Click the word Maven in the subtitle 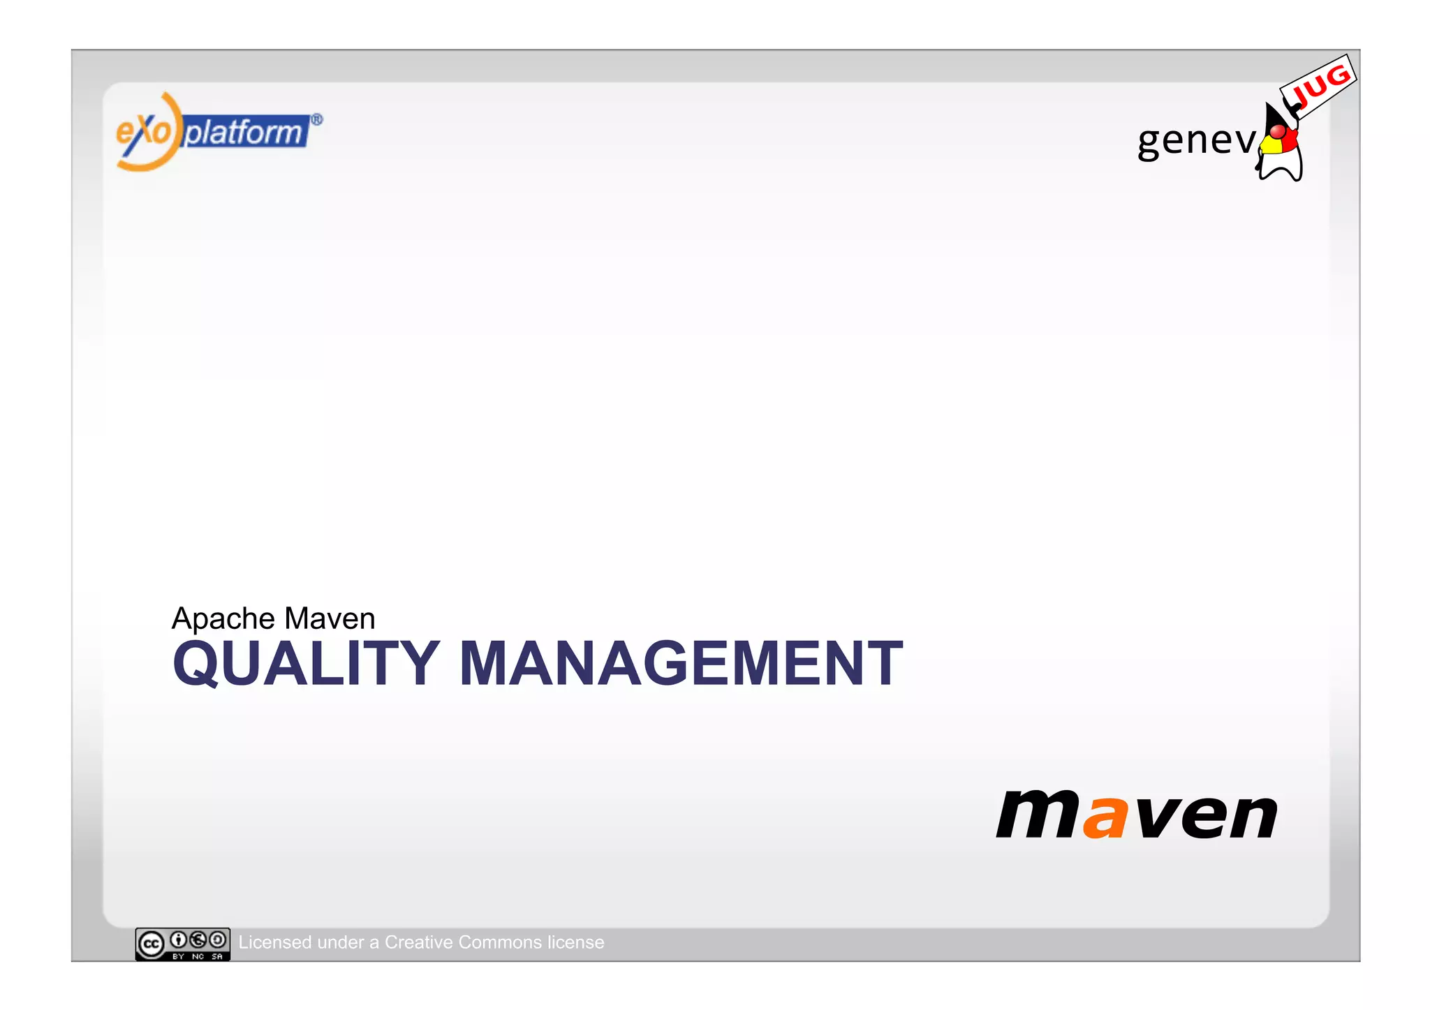click(x=330, y=619)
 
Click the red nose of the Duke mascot click(x=1277, y=131)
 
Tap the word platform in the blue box click(x=244, y=132)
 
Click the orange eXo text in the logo click(x=143, y=131)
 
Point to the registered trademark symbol click(x=316, y=120)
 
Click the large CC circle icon click(x=152, y=944)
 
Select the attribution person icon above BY click(x=179, y=940)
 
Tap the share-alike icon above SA click(x=218, y=940)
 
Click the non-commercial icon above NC click(x=198, y=940)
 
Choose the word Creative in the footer click(x=418, y=942)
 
